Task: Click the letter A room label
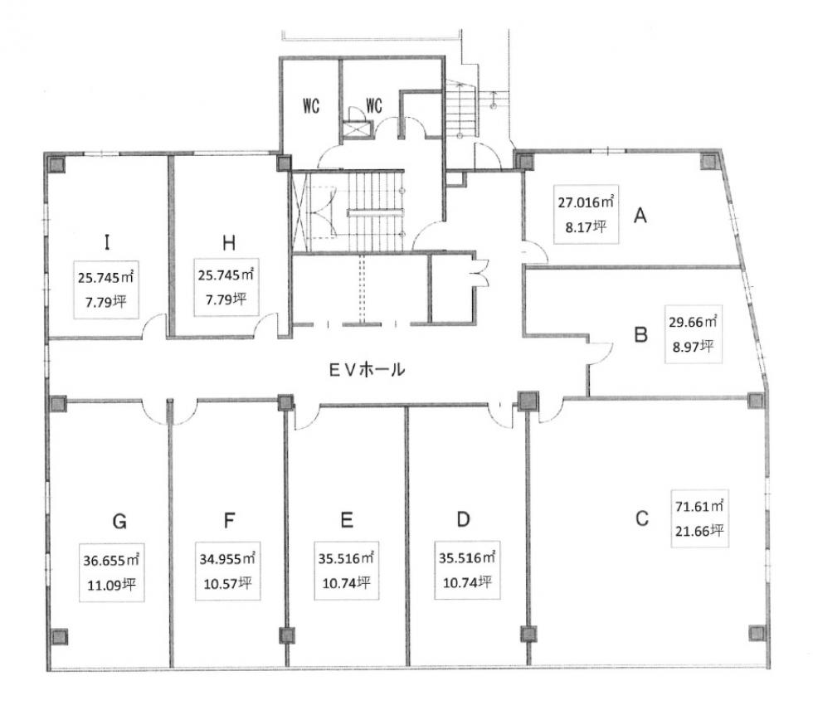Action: [x=640, y=215]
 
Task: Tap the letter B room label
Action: [x=640, y=334]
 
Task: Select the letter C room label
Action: [x=641, y=518]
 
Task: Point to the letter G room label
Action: [x=119, y=521]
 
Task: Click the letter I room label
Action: [x=107, y=242]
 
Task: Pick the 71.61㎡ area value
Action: [x=699, y=505]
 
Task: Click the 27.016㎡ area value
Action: [x=586, y=202]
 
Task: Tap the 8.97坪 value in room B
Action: [x=693, y=347]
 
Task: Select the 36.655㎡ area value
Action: [x=111, y=560]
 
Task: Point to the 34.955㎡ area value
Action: [x=227, y=558]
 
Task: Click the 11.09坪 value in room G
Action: [x=111, y=586]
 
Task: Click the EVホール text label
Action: [x=367, y=370]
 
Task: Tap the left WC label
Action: [x=311, y=106]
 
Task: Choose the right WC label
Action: [x=374, y=106]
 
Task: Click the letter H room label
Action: [x=229, y=243]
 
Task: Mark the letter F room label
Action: [x=229, y=519]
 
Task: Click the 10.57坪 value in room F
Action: [x=227, y=584]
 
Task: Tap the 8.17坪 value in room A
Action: [x=586, y=226]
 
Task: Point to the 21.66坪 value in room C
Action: [x=699, y=531]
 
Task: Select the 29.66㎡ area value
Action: [x=693, y=322]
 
